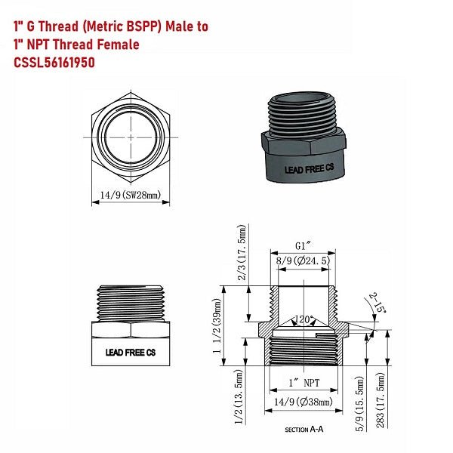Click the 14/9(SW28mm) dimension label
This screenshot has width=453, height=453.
[x=131, y=195]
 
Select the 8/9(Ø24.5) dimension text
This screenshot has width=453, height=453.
[x=303, y=260]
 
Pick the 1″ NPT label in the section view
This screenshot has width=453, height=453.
[x=302, y=382]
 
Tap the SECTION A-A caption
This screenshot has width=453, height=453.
[x=304, y=430]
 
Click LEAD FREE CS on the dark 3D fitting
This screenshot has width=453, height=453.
[x=306, y=171]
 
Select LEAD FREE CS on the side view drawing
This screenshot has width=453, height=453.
[x=130, y=352]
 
